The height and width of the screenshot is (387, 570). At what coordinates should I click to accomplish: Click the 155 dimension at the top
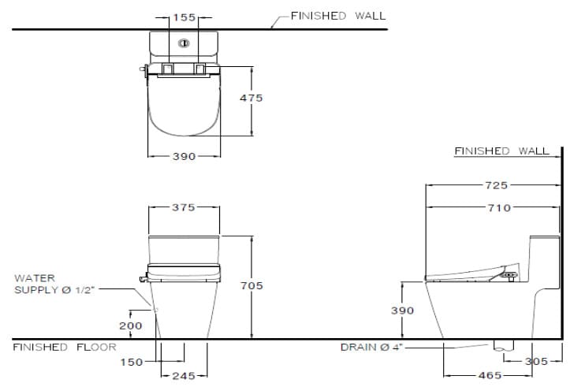184,16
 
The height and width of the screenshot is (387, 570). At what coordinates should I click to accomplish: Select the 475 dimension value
251,99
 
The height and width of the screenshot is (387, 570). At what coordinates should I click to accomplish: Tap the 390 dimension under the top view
184,157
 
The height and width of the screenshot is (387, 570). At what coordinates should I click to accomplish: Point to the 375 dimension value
184,207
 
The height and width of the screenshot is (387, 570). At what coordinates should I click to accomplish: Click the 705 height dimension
251,285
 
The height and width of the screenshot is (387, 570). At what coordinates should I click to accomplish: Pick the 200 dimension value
130,326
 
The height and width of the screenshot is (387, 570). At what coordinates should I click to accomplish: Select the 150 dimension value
132,362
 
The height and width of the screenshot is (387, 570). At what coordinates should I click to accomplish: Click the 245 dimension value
184,376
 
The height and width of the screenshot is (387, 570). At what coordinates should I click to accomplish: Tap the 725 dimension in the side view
497,185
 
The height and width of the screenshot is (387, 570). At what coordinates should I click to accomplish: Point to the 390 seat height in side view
403,311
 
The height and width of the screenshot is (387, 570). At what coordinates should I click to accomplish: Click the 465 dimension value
490,376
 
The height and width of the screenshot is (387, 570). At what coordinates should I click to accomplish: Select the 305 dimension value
536,362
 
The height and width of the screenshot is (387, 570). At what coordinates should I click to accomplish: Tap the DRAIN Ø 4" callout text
371,347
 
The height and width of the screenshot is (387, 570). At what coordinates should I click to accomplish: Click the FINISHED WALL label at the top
338,16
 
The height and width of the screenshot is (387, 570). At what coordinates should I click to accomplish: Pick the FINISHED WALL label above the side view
501,151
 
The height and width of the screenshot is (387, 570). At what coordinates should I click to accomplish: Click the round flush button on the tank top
184,43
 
